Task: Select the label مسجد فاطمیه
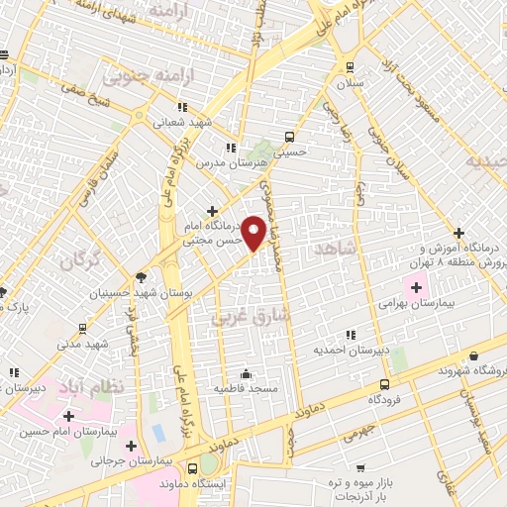tap(245, 389)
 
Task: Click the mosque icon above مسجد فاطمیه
tap(246, 374)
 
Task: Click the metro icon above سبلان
tap(350, 67)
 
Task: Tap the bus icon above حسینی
tap(288, 137)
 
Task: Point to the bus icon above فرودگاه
tap(383, 384)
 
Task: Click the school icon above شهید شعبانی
tap(181, 108)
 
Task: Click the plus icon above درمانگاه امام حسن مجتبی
tap(212, 211)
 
